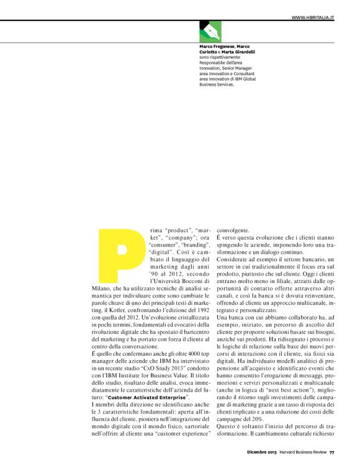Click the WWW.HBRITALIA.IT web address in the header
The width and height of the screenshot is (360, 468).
[313, 17]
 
